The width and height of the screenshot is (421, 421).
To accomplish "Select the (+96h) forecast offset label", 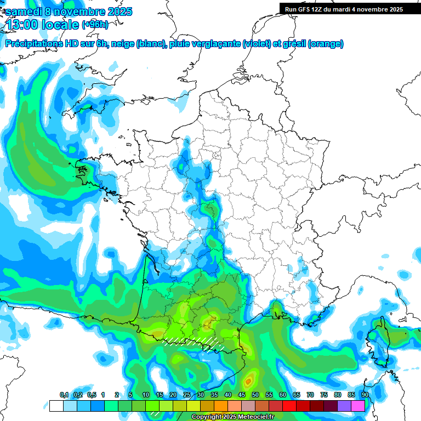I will (x=95, y=25).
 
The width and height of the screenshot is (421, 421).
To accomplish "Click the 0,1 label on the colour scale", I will (x=64, y=395).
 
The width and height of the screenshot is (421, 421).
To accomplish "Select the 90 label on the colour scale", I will (x=365, y=395).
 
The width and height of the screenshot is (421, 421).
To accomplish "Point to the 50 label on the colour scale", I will (x=255, y=395).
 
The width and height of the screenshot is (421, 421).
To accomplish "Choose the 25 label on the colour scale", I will (x=187, y=395).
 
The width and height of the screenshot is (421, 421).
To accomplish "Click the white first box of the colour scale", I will (x=56, y=406).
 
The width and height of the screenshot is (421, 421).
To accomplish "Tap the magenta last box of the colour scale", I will (x=358, y=406).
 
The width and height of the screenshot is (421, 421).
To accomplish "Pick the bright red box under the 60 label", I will (x=289, y=406).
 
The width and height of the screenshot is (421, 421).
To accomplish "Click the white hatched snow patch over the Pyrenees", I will (x=197, y=343).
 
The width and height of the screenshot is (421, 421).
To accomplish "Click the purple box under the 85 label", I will (x=344, y=406).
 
